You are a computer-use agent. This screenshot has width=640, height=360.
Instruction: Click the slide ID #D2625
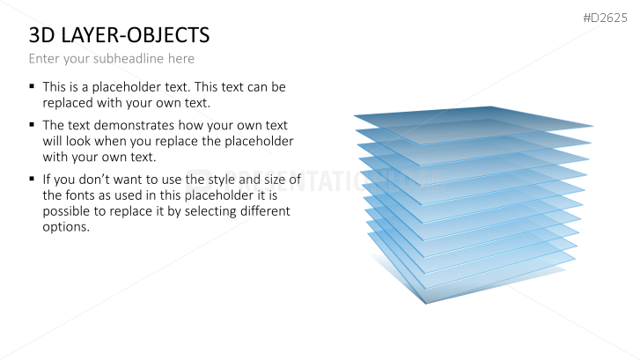pyautogui.click(x=605, y=17)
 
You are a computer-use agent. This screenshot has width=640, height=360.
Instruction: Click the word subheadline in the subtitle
pyautogui.click(x=114, y=58)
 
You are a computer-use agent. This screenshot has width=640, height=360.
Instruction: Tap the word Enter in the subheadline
pyautogui.click(x=44, y=58)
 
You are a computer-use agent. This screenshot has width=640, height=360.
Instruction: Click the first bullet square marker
pyautogui.click(x=33, y=87)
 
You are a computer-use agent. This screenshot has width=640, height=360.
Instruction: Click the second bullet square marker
pyautogui.click(x=33, y=125)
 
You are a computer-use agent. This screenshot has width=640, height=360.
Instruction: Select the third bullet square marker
pyautogui.click(x=33, y=179)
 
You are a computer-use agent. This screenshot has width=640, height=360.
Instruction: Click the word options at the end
pyautogui.click(x=65, y=227)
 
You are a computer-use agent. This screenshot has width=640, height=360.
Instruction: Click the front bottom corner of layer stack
pyautogui.click(x=425, y=302)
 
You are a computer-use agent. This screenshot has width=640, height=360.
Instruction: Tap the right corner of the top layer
pyautogui.click(x=592, y=126)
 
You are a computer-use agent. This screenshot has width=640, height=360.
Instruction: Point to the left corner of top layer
pyautogui.click(x=356, y=116)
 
